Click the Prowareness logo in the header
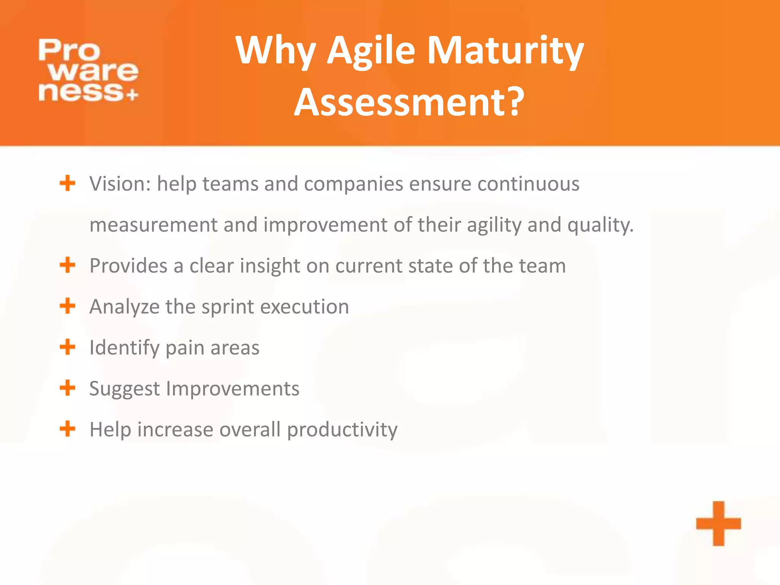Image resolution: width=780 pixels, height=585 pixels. click(x=88, y=70)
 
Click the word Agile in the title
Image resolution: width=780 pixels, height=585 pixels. click(x=371, y=50)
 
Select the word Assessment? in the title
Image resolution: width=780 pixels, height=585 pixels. click(x=409, y=102)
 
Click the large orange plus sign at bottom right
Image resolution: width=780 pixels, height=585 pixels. click(x=718, y=523)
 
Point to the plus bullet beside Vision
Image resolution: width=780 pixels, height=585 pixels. click(x=67, y=183)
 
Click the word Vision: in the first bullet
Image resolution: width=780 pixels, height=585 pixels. click(x=120, y=184)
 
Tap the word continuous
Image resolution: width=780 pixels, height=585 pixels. click(x=528, y=184)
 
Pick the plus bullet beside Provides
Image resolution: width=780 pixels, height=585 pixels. click(x=67, y=265)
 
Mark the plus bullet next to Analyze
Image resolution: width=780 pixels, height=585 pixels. click(x=67, y=306)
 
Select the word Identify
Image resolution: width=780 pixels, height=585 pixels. click(x=125, y=347)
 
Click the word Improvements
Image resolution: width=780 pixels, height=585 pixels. click(x=232, y=388)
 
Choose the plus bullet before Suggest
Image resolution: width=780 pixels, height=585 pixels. click(x=67, y=388)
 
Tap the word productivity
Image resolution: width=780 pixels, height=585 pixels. click(x=342, y=430)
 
